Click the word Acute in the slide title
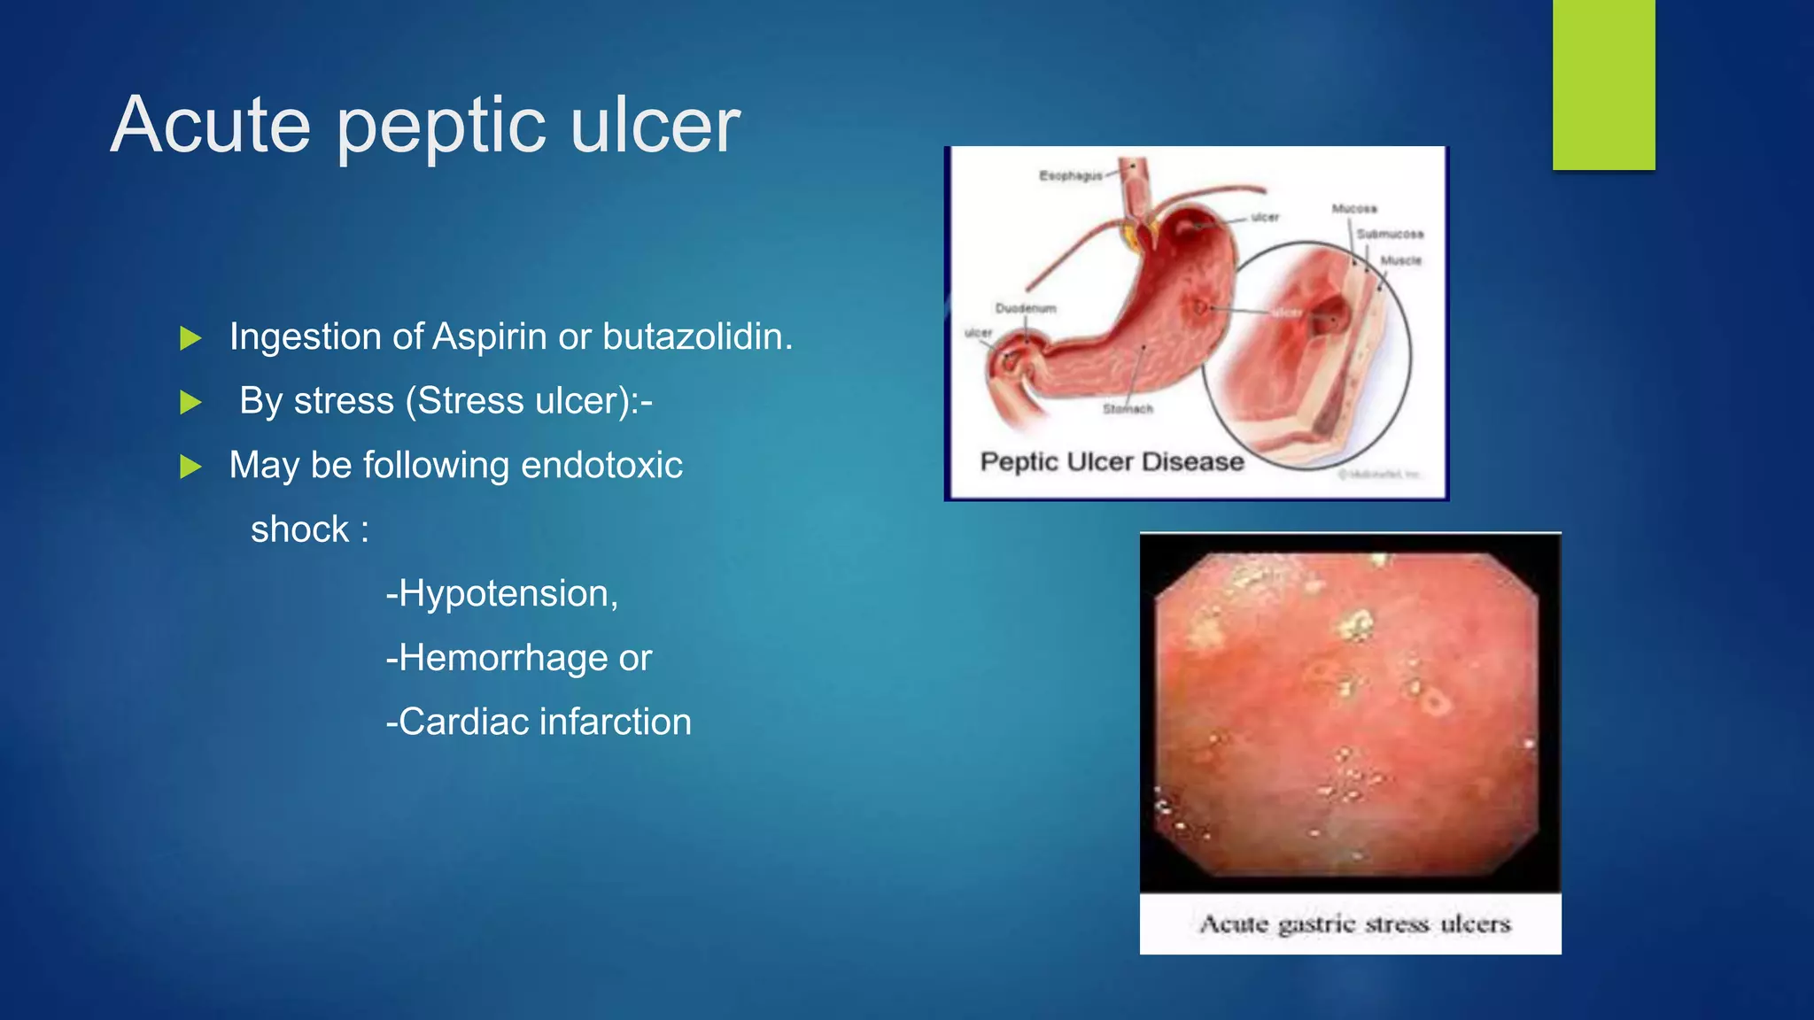point(211,125)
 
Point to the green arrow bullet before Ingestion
point(190,338)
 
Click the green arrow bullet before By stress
point(190,403)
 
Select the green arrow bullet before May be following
point(190,467)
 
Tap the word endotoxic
point(601,466)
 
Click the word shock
point(300,529)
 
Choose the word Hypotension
point(508,594)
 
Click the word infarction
point(615,722)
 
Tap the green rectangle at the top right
point(1603,84)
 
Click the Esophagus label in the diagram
point(1070,176)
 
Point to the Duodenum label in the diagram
point(1026,308)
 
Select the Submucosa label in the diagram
point(1390,234)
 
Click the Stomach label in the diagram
point(1128,409)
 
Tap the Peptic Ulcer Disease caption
point(1112,462)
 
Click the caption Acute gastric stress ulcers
point(1354,924)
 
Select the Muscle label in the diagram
point(1400,260)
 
